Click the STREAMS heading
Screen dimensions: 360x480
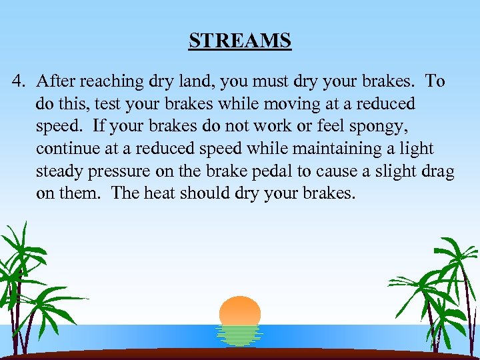[240, 41]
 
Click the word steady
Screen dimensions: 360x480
[57, 172]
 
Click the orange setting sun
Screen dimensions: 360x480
[239, 311]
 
